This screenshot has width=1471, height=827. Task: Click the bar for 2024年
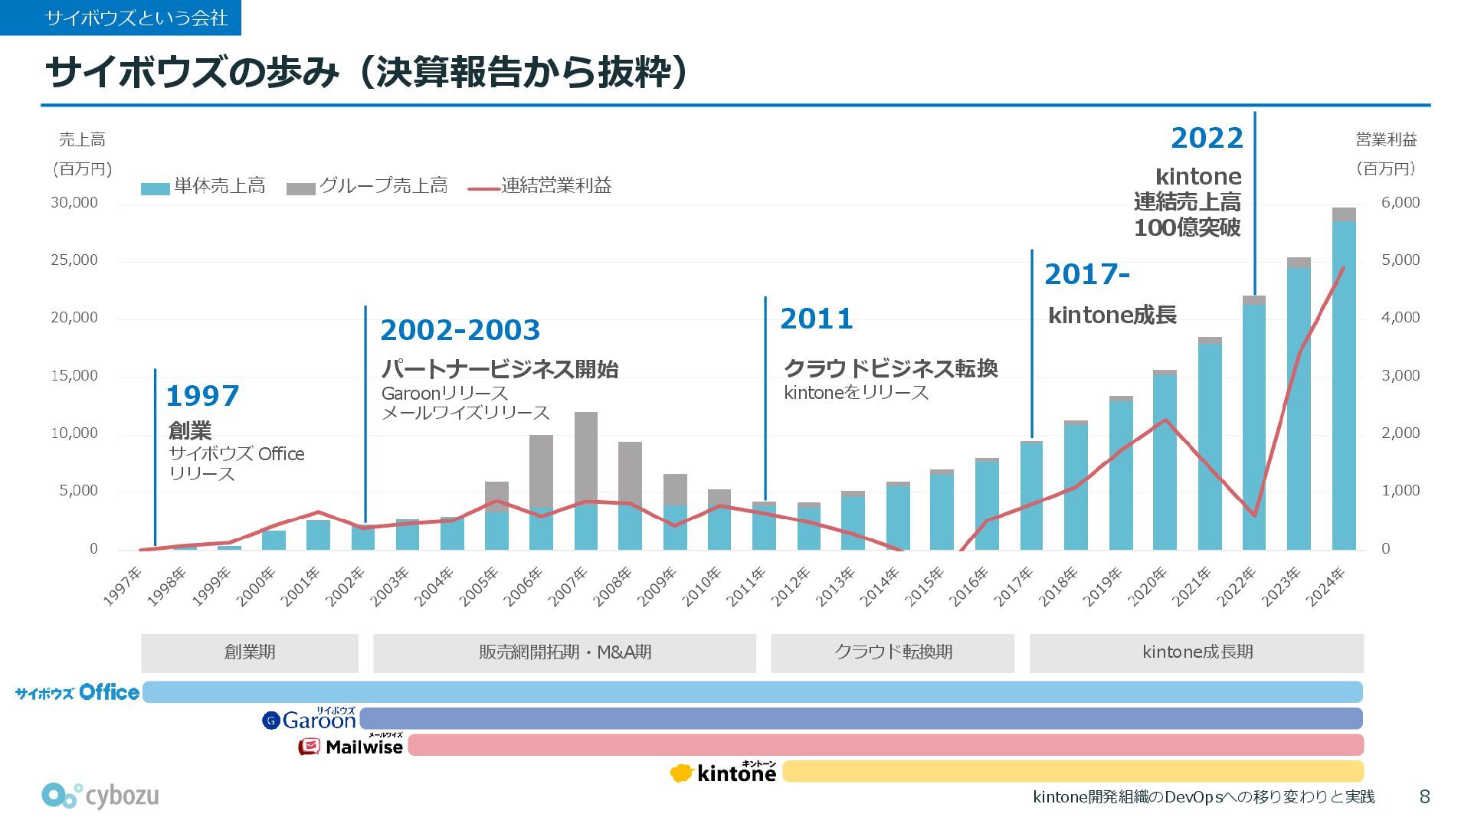[x=1344, y=383]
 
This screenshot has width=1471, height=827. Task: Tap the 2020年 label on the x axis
[x=1149, y=587]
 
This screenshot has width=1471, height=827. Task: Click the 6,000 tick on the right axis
[x=1401, y=203]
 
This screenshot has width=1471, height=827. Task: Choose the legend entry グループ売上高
[x=368, y=186]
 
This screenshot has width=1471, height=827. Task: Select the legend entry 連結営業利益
[x=541, y=186]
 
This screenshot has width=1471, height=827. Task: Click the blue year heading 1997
[x=202, y=396]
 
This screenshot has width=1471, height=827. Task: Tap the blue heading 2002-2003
[x=460, y=330]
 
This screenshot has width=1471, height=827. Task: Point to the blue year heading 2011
[x=816, y=319]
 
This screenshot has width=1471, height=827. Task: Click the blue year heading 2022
[x=1207, y=138]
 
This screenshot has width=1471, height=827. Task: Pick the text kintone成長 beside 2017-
[x=1112, y=315]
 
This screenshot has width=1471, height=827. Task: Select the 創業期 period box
[x=250, y=652]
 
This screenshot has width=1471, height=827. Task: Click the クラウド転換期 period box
[x=893, y=652]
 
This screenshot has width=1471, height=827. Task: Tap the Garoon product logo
[x=310, y=719]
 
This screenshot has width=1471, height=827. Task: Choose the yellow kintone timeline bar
[x=1073, y=771]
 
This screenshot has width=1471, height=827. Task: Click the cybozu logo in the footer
[x=100, y=796]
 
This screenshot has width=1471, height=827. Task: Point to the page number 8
[x=1424, y=797]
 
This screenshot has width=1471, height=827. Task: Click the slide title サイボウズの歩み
[x=192, y=74]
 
